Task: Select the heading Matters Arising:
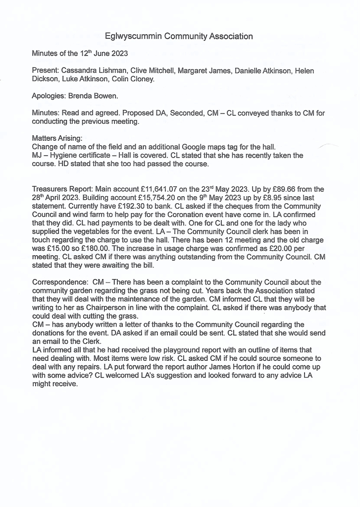(57, 138)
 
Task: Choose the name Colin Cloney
(134, 79)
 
